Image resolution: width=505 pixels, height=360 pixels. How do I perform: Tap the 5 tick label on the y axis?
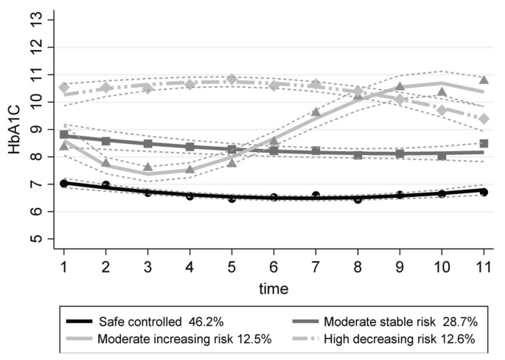tap(43, 239)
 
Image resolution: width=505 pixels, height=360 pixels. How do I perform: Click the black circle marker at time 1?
tap(64, 183)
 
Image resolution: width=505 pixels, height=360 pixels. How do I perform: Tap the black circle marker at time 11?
tap(484, 191)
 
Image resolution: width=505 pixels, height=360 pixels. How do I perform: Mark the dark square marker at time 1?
tap(64, 135)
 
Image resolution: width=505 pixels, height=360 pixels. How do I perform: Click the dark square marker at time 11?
tap(484, 144)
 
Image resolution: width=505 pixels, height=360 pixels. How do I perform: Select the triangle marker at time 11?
tap(484, 80)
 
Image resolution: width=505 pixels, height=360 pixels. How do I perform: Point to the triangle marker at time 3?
tap(148, 167)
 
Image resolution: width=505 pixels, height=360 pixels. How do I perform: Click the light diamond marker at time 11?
tap(484, 118)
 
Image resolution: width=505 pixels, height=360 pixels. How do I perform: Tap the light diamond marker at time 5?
tap(231, 79)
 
